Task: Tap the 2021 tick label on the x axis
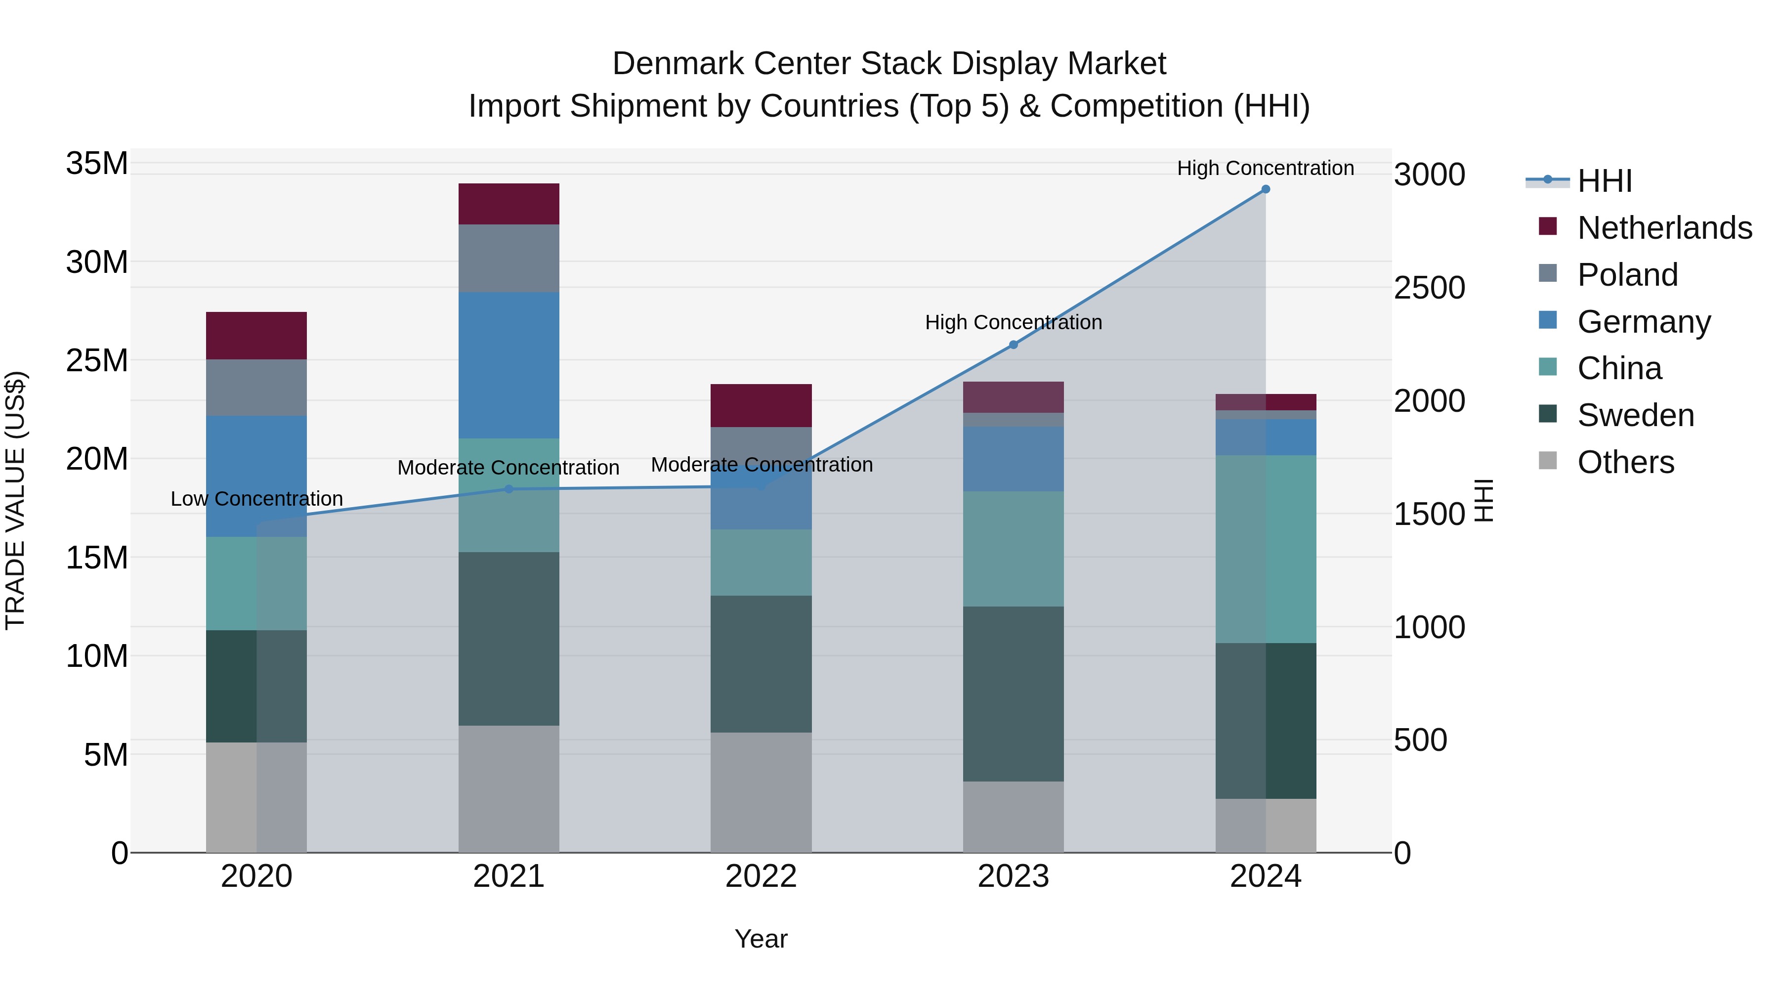pyautogui.click(x=508, y=876)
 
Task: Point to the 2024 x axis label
pyautogui.click(x=1265, y=876)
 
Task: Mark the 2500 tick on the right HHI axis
pyautogui.click(x=1428, y=288)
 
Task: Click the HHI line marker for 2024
pyautogui.click(x=1265, y=189)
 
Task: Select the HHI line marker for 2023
pyautogui.click(x=1013, y=345)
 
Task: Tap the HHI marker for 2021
pyautogui.click(x=509, y=489)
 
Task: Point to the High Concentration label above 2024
pyautogui.click(x=1265, y=168)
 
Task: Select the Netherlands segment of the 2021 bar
pyautogui.click(x=509, y=204)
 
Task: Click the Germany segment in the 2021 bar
pyautogui.click(x=509, y=365)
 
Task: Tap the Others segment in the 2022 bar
pyautogui.click(x=761, y=792)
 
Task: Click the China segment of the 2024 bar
pyautogui.click(x=1265, y=549)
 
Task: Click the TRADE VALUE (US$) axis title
pyautogui.click(x=15, y=500)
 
